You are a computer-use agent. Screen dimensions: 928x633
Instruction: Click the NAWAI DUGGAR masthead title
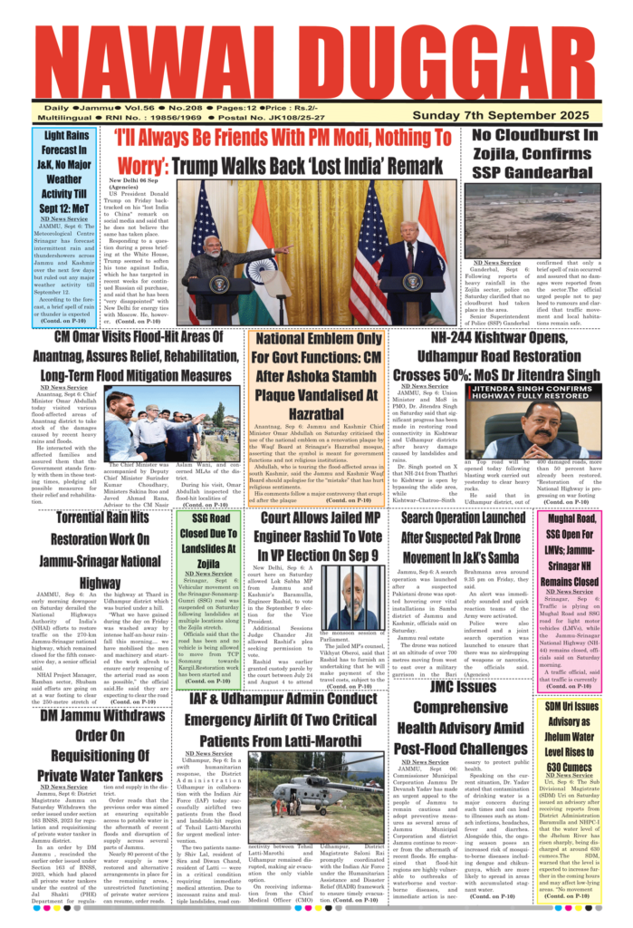point(316,62)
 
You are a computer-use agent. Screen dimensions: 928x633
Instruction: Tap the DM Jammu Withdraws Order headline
point(101,744)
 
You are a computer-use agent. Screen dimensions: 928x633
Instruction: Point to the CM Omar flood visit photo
point(172,425)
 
